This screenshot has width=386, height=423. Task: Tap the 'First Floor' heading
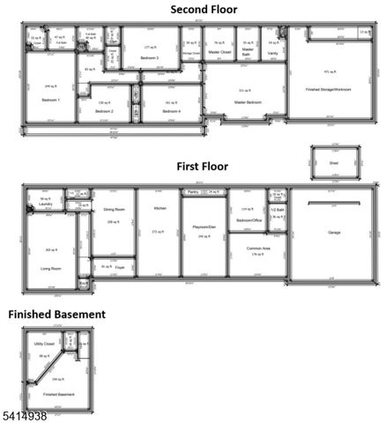tap(202, 166)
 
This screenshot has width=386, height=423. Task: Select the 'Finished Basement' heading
tap(57, 314)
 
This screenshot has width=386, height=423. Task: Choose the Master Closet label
tap(219, 52)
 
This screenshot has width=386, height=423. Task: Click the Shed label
tap(333, 163)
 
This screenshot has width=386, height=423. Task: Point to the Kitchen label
tap(160, 208)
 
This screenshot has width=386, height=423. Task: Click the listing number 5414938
tap(27, 414)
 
